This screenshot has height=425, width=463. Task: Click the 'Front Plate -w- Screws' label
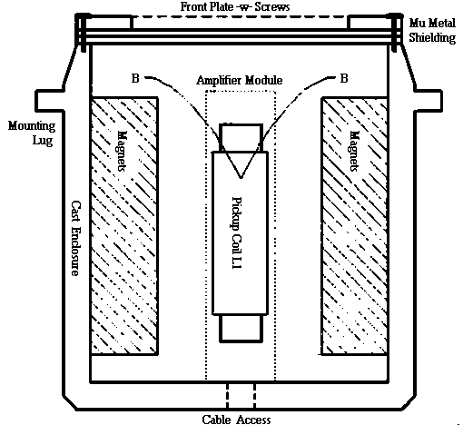[235, 6]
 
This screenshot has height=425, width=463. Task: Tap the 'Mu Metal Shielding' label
[432, 30]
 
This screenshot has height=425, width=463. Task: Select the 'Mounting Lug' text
[32, 133]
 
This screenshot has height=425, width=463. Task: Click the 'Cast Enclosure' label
[75, 238]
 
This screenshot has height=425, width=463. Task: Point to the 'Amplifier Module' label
[240, 80]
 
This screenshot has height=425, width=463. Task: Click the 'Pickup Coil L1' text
[237, 232]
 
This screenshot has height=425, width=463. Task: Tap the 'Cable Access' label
[236, 420]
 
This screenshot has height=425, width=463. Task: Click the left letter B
[135, 78]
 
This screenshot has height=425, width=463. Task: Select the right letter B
[344, 78]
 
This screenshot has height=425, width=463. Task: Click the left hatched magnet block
[124, 226]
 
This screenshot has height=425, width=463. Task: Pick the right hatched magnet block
[354, 226]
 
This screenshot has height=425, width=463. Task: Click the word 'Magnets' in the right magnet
[354, 151]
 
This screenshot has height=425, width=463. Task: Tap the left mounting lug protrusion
[50, 101]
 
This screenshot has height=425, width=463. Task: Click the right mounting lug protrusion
[428, 101]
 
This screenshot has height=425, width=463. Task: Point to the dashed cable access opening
[241, 396]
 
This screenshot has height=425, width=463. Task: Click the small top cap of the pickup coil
[241, 138]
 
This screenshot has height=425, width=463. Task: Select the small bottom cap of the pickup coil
[241, 329]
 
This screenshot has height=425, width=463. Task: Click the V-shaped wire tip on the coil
[241, 178]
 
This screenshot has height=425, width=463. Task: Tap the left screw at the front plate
[83, 33]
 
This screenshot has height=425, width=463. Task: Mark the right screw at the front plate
[395, 33]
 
